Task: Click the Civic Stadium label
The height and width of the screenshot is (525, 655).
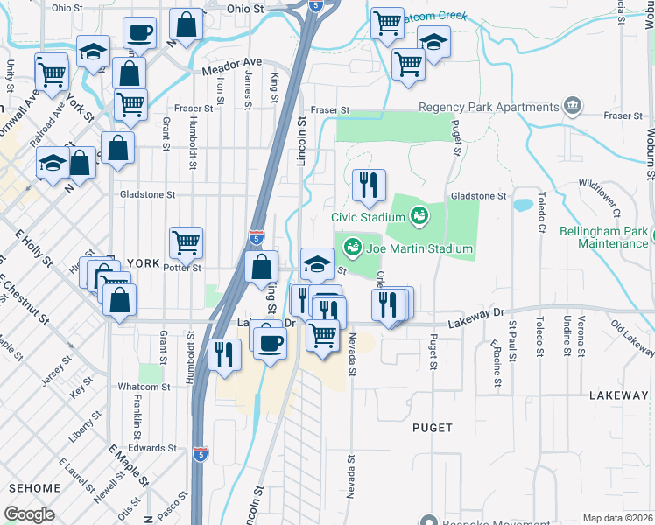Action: (365, 217)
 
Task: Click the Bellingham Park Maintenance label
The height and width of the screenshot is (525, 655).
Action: (613, 237)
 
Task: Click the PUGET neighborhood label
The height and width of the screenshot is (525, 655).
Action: (433, 428)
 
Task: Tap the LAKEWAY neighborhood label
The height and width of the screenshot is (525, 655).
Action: (618, 395)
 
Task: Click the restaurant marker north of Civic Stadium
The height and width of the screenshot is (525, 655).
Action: (369, 185)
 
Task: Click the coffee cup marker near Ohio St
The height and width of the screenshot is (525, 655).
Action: (139, 33)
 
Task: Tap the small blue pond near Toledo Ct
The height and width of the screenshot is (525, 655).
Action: (523, 206)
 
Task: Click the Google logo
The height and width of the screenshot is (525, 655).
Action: (30, 514)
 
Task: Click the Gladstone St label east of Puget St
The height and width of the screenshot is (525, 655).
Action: (478, 196)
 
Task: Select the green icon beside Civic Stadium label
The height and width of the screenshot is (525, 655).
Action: (419, 214)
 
